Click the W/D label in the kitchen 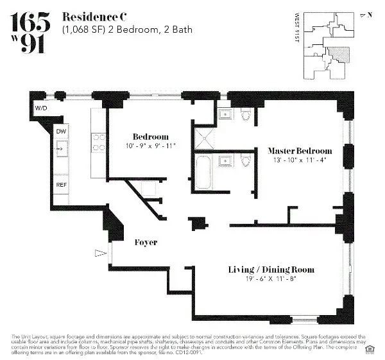pyautogui.click(x=41, y=108)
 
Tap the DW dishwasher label pyautogui.click(x=61, y=132)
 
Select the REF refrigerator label pyautogui.click(x=61, y=185)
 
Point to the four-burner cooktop pyautogui.click(x=99, y=141)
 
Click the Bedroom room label pyautogui.click(x=150, y=137)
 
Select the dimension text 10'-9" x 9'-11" pyautogui.click(x=150, y=146)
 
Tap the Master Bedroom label pyautogui.click(x=300, y=150)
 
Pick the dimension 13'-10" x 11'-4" pyautogui.click(x=300, y=160)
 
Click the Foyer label pyautogui.click(x=146, y=243)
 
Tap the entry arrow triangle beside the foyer pyautogui.click(x=98, y=253)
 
